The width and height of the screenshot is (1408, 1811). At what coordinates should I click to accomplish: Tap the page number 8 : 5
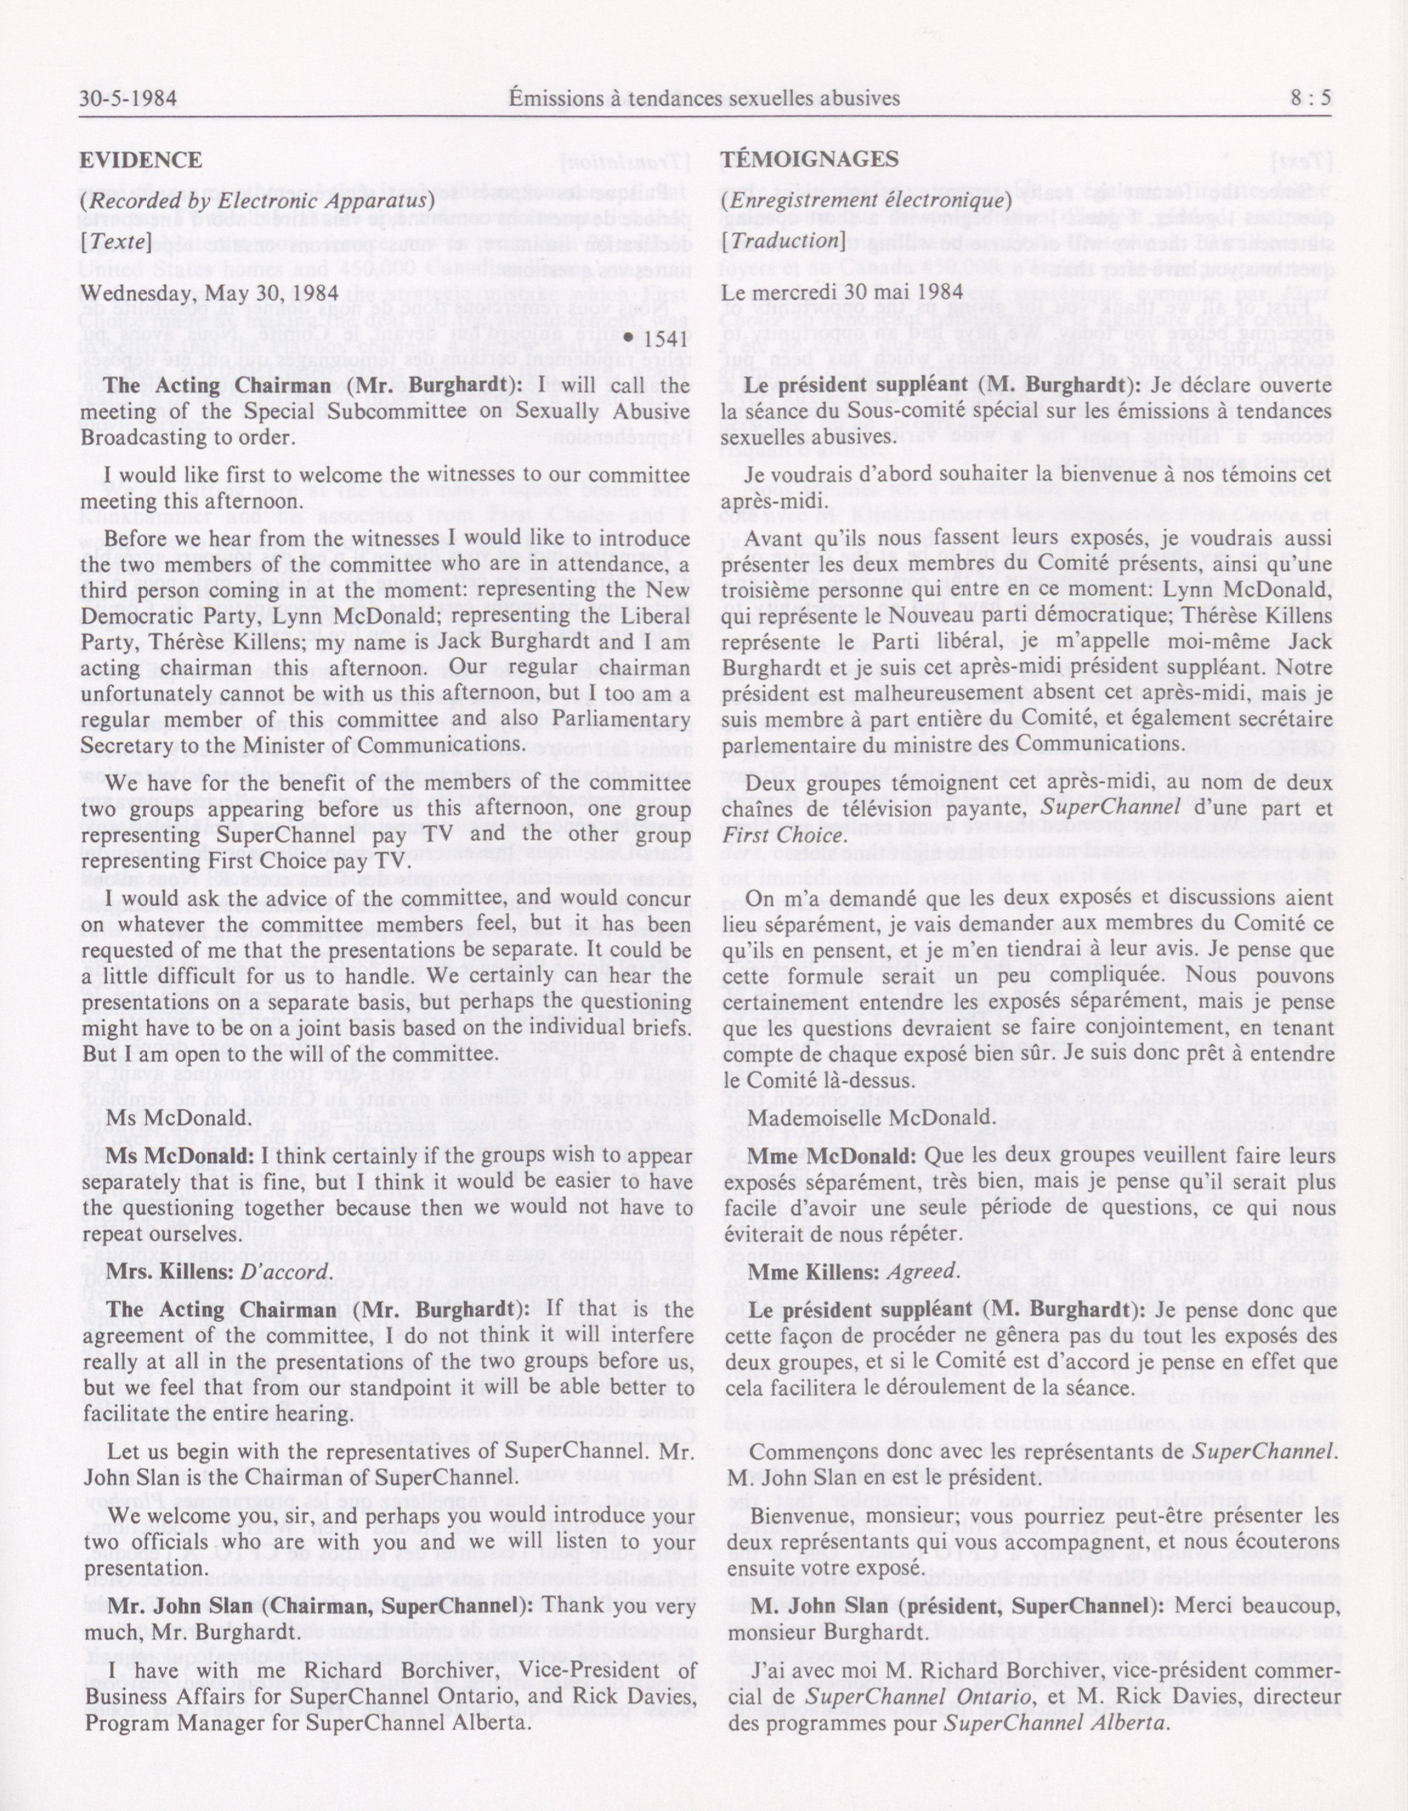click(x=1310, y=99)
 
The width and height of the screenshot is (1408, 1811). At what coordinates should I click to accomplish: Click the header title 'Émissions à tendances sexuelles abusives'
click(x=705, y=99)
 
